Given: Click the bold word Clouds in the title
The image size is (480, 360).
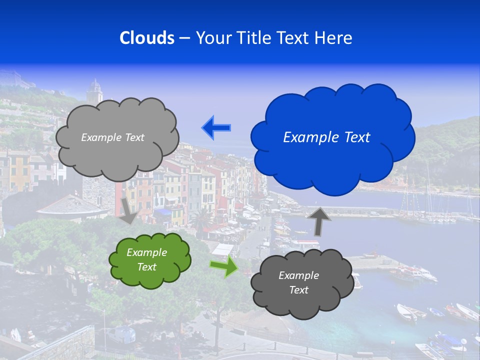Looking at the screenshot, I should tap(146, 38).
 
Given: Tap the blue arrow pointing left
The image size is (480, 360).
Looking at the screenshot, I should tap(216, 128).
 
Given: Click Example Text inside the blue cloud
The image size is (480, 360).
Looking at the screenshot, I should tap(326, 137).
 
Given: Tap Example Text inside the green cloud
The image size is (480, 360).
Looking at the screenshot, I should tap(147, 259).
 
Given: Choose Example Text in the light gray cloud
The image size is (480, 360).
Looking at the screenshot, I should tap(112, 137).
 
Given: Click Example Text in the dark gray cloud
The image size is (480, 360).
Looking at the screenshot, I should tap(298, 282).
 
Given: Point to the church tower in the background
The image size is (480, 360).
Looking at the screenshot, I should tap(94, 91).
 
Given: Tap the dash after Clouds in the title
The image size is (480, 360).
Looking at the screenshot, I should tap(184, 38).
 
